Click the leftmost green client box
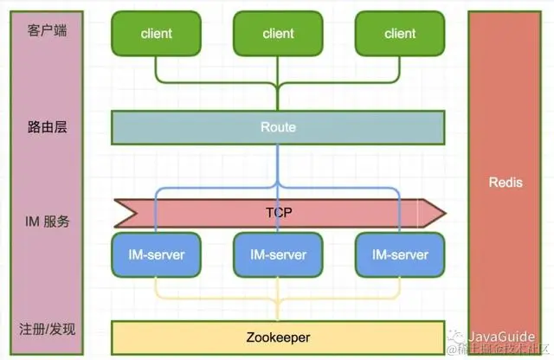coord(156,34)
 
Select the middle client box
coord(278,34)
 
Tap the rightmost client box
coord(400,34)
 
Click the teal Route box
coord(278,127)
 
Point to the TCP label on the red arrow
coord(278,211)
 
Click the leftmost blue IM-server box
coord(156,254)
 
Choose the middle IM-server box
coord(278,254)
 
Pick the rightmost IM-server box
coord(400,254)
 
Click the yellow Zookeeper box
coord(278,337)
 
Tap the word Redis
coord(506,182)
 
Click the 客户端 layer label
coord(48,32)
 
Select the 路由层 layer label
coord(48,127)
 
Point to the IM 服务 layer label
coord(48,222)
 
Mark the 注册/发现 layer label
coord(48,329)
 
